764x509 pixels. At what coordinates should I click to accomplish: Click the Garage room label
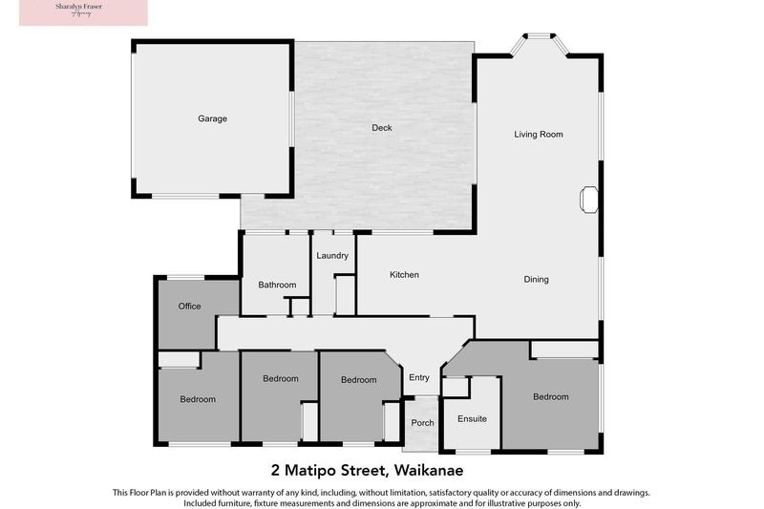click(212, 119)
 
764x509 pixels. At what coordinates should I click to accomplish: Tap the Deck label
click(382, 128)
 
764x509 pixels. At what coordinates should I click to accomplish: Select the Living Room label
click(539, 135)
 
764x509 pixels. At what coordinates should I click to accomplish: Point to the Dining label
click(536, 280)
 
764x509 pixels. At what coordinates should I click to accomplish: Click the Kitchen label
click(404, 275)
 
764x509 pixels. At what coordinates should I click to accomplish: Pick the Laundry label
click(331, 256)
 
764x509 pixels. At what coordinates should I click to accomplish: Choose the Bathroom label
click(277, 285)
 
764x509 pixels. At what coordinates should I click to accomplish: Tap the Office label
click(189, 307)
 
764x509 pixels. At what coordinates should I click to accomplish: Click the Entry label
click(419, 378)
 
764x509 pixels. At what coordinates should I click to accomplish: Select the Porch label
click(422, 423)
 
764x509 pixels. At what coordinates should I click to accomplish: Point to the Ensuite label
click(472, 419)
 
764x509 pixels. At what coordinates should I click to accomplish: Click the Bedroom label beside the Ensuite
click(551, 397)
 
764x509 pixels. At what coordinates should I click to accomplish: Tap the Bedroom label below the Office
click(198, 399)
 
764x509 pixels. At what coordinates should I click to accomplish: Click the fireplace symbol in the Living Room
click(589, 199)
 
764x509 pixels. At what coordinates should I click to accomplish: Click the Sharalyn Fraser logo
click(73, 12)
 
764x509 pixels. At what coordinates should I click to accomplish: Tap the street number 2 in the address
click(276, 470)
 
